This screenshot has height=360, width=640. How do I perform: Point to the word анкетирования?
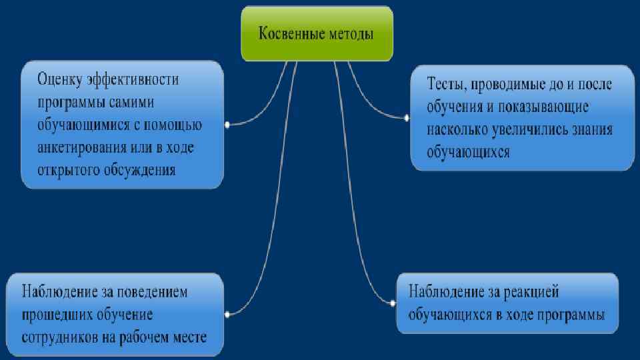click(x=80, y=147)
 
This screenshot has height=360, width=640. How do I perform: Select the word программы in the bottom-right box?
click(x=572, y=314)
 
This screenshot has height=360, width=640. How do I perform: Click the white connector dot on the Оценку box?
click(x=227, y=125)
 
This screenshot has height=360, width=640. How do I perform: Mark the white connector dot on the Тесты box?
click(x=406, y=117)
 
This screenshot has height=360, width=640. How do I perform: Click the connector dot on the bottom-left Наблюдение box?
click(x=227, y=313)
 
